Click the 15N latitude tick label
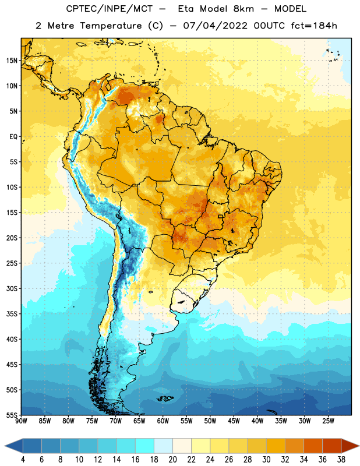pyautogui.click(x=12, y=61)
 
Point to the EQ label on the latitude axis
pyautogui.click(x=13, y=137)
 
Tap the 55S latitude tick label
pyautogui.click(x=12, y=415)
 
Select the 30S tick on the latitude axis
pyautogui.click(x=12, y=288)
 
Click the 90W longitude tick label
pyautogui.click(x=21, y=421)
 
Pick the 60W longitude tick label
pyautogui.click(x=163, y=421)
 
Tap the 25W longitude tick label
pyautogui.click(x=328, y=421)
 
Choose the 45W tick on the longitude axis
pyautogui.click(x=234, y=421)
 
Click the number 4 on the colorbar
pyautogui.click(x=23, y=460)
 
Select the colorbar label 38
pyautogui.click(x=341, y=460)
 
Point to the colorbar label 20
pyautogui.click(x=172, y=460)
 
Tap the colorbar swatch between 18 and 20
pyautogui.click(x=163, y=446)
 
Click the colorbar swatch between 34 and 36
pyautogui.click(x=313, y=446)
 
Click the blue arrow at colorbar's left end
pyautogui.click(x=13, y=446)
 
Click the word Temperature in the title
pyautogui.click(x=111, y=26)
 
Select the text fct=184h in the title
pyautogui.click(x=314, y=26)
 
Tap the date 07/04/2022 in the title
pyautogui.click(x=215, y=26)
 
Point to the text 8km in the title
pyautogui.click(x=243, y=9)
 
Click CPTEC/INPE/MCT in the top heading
pyautogui.click(x=109, y=9)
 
